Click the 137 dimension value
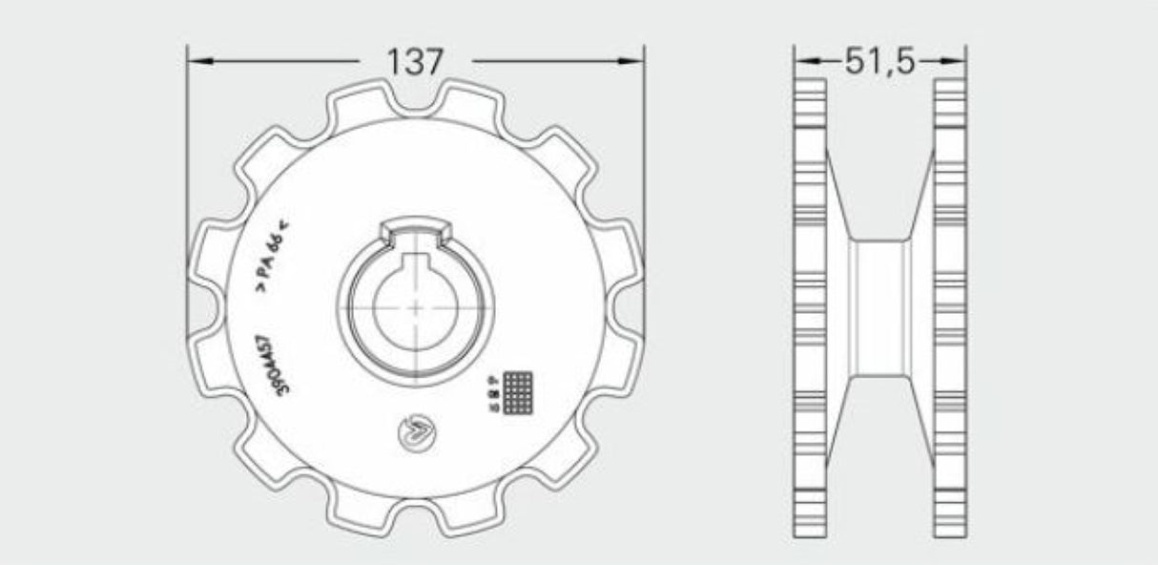point(416,62)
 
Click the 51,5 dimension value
point(879,62)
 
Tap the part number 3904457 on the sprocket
point(269,363)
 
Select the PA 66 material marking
point(272,254)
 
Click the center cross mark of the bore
point(416,307)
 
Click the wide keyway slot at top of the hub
point(416,231)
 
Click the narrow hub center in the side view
point(879,307)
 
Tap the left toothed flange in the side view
point(810,307)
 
